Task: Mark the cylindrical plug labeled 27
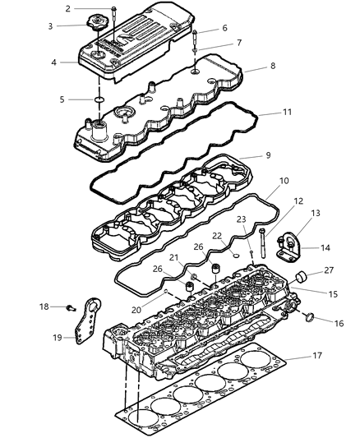302,275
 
